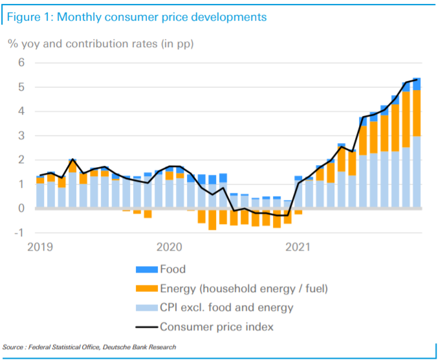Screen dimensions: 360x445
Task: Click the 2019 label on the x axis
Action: (40, 247)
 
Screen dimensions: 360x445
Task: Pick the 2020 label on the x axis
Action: (169, 247)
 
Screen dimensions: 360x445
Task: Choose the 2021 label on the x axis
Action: (298, 247)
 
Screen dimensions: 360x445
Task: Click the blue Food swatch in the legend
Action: (144, 269)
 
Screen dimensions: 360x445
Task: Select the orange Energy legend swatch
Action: (144, 288)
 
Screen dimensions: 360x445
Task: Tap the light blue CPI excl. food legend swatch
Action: (144, 308)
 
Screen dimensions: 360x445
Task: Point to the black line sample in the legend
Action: (144, 327)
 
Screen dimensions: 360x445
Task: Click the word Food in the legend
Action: (173, 269)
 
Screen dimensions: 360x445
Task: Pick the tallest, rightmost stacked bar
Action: (417, 142)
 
